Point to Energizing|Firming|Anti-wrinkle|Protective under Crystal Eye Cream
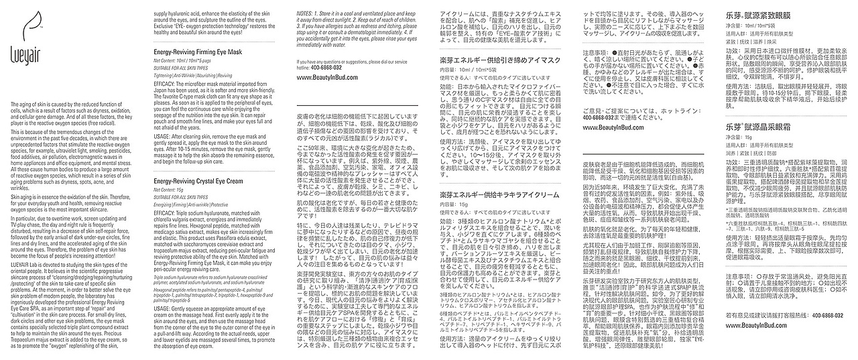[x=192, y=204]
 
